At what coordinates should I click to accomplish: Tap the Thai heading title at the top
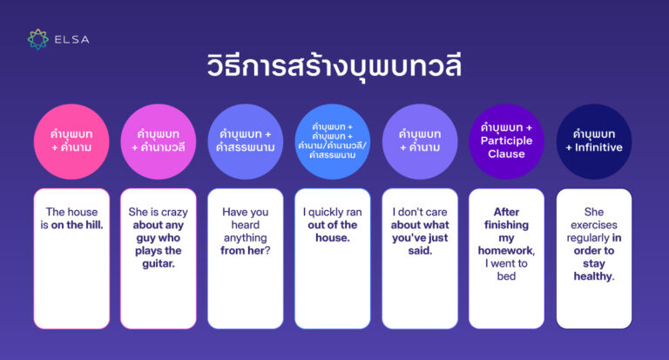click(x=334, y=66)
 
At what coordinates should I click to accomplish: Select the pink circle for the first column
click(x=71, y=141)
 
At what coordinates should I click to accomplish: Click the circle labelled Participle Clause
click(x=506, y=141)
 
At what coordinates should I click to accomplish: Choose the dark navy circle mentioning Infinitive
click(x=593, y=141)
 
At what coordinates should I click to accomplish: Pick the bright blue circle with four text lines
click(x=332, y=141)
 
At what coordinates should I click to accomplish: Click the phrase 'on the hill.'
click(x=77, y=225)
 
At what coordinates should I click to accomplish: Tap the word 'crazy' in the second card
click(x=170, y=212)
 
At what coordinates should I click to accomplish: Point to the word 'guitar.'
click(x=158, y=264)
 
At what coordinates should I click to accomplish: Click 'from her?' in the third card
click(x=245, y=251)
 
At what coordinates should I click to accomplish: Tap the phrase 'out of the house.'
click(x=332, y=231)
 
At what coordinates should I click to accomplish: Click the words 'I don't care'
click(x=419, y=212)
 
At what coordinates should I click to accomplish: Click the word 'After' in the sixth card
click(x=506, y=212)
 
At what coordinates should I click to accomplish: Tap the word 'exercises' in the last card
click(x=593, y=225)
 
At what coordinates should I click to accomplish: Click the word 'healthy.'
click(x=593, y=276)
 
